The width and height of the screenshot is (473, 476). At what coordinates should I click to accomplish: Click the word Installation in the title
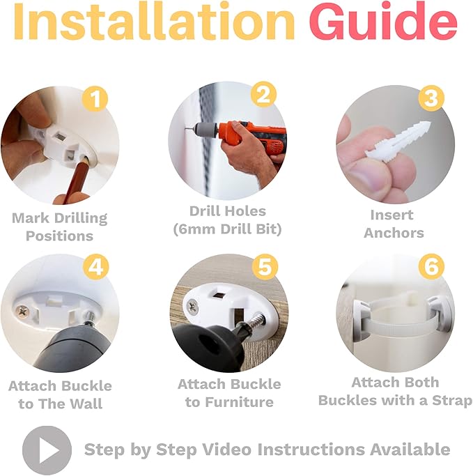pyautogui.click(x=154, y=21)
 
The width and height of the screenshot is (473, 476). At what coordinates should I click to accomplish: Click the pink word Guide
pyautogui.click(x=383, y=21)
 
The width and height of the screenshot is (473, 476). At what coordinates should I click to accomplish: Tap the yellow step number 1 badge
pyautogui.click(x=95, y=98)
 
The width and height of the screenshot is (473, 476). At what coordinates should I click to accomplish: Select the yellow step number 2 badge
pyautogui.click(x=263, y=94)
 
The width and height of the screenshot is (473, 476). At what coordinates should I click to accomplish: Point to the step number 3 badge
pyautogui.click(x=431, y=98)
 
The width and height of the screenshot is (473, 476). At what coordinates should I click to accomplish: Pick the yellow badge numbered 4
pyautogui.click(x=95, y=267)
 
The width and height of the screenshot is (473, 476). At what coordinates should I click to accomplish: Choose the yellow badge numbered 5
pyautogui.click(x=265, y=267)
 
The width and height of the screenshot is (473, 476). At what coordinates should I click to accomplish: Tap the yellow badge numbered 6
pyautogui.click(x=431, y=266)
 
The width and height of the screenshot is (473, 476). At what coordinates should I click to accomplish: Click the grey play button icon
pyautogui.click(x=47, y=450)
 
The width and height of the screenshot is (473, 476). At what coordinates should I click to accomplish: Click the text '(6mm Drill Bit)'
pyautogui.click(x=227, y=229)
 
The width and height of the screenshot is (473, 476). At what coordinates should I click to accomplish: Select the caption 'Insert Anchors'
pyautogui.click(x=393, y=224)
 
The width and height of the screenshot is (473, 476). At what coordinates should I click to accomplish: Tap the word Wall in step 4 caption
pyautogui.click(x=86, y=404)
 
